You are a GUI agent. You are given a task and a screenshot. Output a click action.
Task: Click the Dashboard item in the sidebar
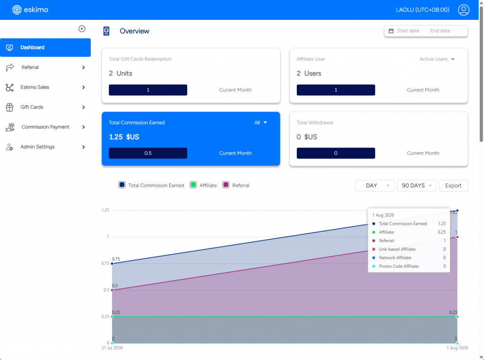tap(45, 48)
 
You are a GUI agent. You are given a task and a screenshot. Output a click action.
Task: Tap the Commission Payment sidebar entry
tap(45, 127)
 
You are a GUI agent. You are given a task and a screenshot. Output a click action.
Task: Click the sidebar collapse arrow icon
tap(82, 29)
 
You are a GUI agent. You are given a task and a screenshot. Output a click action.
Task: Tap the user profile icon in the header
tap(463, 10)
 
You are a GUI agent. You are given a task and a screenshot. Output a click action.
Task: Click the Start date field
tap(408, 31)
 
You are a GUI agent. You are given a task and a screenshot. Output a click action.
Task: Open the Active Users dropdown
tap(437, 59)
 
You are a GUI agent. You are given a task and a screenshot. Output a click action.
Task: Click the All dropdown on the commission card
tap(260, 123)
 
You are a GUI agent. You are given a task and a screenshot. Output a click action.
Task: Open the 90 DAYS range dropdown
tap(416, 186)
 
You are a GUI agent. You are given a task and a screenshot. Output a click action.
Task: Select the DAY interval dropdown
tap(374, 186)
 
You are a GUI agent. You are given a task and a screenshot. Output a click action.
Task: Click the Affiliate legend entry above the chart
tap(203, 185)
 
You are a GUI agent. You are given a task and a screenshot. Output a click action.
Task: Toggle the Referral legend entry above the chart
tap(236, 185)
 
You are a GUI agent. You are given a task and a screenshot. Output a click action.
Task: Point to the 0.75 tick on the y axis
tap(105, 263)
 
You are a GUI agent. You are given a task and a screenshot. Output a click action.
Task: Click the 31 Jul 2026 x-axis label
tap(112, 348)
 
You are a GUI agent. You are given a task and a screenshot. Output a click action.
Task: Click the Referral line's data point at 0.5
tap(112, 290)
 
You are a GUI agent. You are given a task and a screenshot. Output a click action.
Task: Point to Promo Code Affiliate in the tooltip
tap(399, 266)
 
